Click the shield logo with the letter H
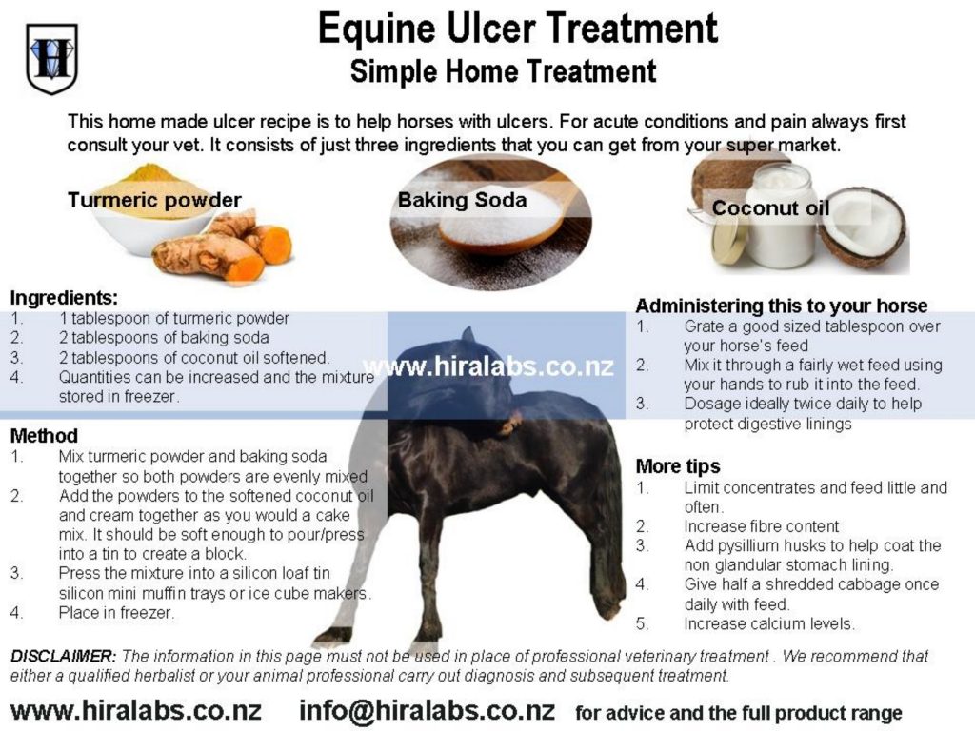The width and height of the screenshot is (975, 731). [51, 58]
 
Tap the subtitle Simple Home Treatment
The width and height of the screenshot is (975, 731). [503, 70]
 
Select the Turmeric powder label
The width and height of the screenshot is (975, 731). [154, 200]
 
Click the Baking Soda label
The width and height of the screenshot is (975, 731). [462, 200]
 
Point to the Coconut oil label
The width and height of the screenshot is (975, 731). [770, 207]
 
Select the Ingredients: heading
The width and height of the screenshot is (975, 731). [64, 298]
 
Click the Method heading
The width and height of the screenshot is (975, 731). [44, 436]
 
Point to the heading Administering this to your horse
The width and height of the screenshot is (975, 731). [781, 306]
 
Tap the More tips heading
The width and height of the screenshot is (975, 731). [678, 466]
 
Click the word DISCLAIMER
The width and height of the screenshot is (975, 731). [63, 656]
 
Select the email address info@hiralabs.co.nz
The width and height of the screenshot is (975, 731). [428, 710]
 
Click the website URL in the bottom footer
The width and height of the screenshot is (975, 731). [136, 710]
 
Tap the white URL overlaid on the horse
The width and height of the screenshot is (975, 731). [488, 366]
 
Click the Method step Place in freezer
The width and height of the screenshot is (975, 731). [116, 613]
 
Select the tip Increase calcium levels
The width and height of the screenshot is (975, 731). [769, 623]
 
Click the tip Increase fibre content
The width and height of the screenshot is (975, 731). [761, 526]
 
